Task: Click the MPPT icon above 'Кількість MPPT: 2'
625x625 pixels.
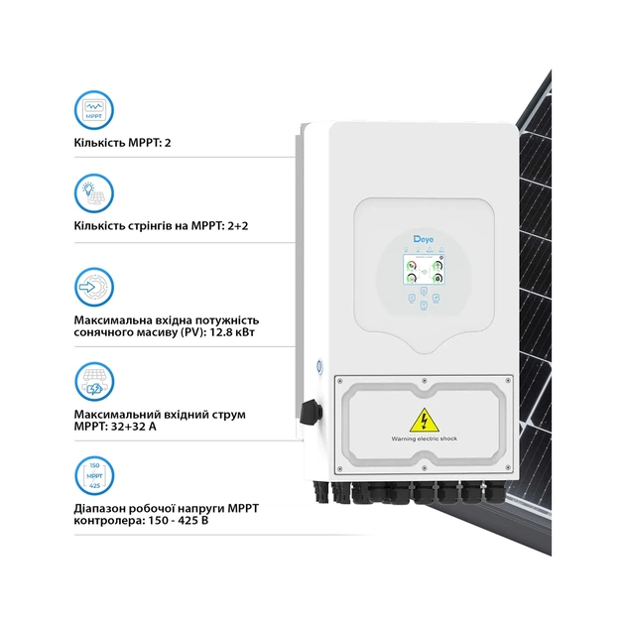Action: (x=94, y=107)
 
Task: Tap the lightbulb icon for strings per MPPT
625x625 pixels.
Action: (x=94, y=192)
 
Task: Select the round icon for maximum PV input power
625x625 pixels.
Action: (x=94, y=286)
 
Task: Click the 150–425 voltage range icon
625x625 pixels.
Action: (x=94, y=474)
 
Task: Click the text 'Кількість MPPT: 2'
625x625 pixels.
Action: (x=130, y=143)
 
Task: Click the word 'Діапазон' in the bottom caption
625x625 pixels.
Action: (x=104, y=509)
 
